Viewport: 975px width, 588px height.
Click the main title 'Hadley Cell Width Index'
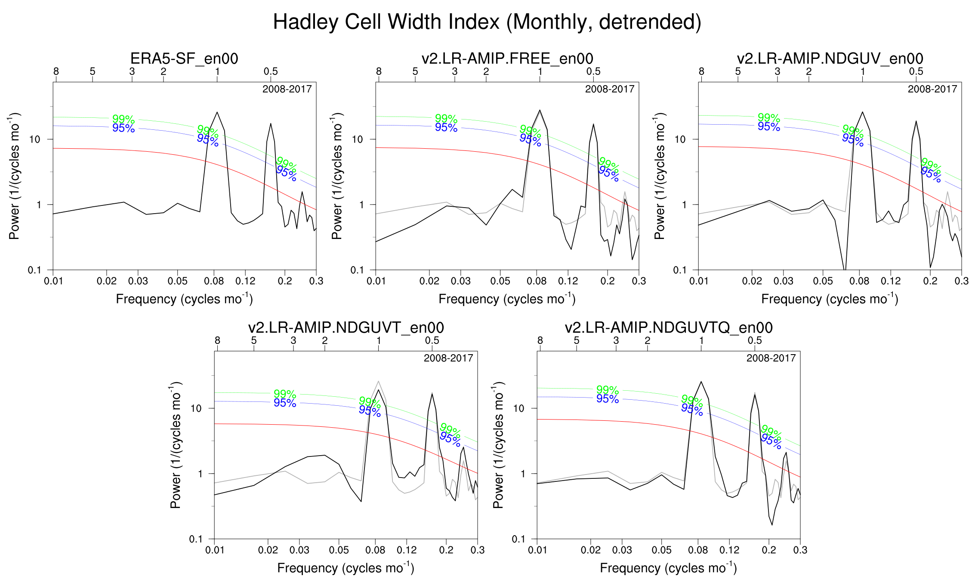487,22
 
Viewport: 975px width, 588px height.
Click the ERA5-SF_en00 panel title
184,58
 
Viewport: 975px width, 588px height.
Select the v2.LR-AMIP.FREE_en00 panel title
507,58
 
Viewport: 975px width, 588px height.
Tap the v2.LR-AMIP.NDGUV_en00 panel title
830,58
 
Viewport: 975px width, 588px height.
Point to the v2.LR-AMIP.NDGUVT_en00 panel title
346,328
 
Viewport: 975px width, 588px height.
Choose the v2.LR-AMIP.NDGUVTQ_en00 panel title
669,328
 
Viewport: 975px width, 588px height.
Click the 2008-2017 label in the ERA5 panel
287,89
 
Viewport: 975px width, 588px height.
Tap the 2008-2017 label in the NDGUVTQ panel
771,358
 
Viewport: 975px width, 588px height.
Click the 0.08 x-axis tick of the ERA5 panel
214,281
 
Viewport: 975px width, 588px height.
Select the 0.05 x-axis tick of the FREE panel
500,281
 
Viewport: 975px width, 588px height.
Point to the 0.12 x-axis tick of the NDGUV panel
891,281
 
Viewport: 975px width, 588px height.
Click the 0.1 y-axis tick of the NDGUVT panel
196,539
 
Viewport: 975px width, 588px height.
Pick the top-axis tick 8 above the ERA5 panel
56,71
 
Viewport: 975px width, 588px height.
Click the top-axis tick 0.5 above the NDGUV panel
916,71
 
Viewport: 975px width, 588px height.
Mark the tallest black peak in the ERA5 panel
217,113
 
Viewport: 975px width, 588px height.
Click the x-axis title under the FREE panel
507,299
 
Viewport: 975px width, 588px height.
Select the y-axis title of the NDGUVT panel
176,445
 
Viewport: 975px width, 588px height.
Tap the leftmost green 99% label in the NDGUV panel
769,118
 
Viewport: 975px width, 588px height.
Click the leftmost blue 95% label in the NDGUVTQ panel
608,399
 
